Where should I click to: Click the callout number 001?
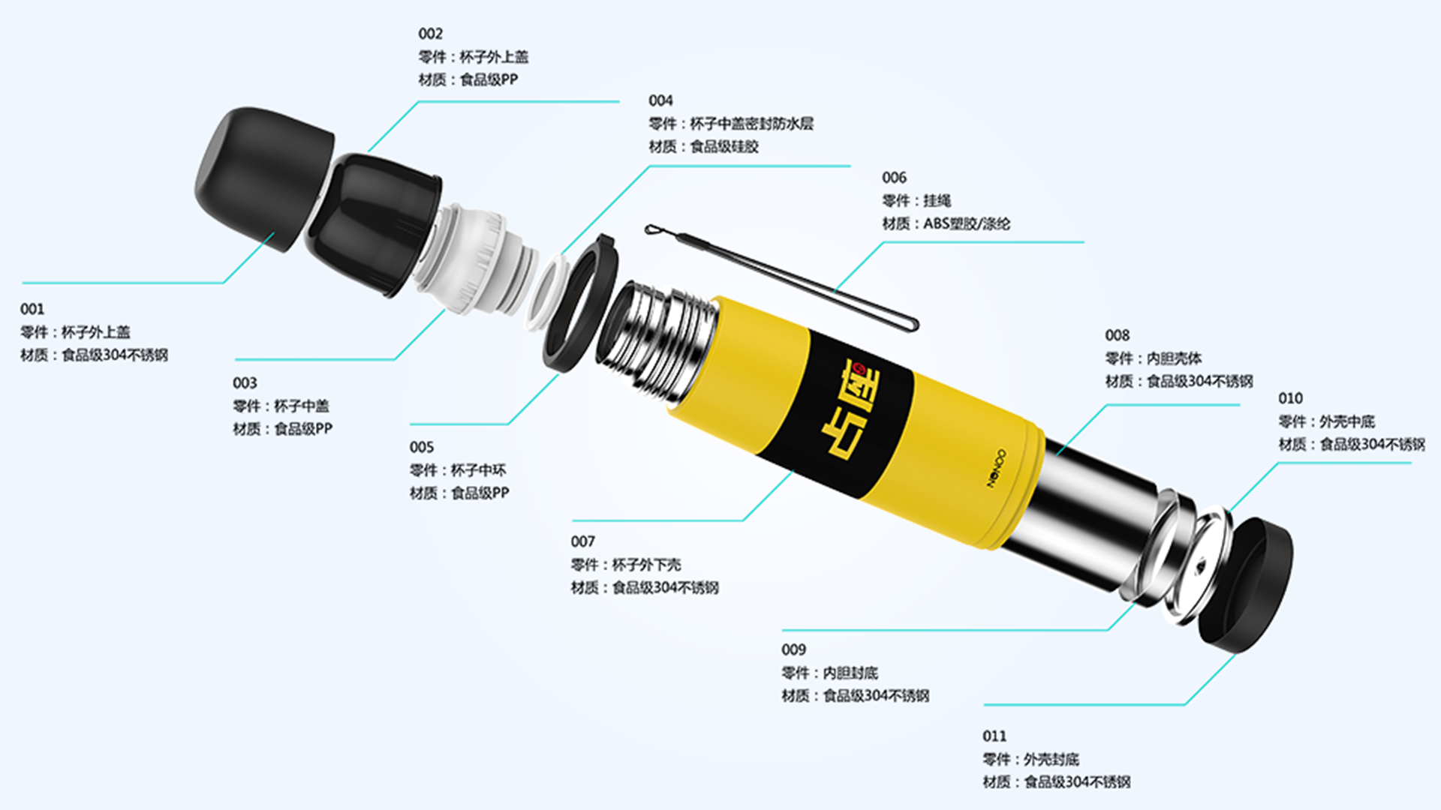(x=32, y=309)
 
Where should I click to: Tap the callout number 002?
(x=431, y=34)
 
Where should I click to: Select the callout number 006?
(x=894, y=178)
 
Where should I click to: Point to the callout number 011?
(x=994, y=736)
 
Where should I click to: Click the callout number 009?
(x=793, y=649)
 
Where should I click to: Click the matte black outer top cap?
(x=263, y=178)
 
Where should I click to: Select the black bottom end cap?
(x=1246, y=582)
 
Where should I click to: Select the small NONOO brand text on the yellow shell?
(x=996, y=469)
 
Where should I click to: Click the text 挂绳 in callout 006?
(x=937, y=201)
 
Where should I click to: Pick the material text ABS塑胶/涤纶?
(x=967, y=223)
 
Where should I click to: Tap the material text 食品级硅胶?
(x=724, y=146)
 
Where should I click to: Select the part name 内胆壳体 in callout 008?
(x=1175, y=358)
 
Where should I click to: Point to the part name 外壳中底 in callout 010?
(x=1348, y=421)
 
